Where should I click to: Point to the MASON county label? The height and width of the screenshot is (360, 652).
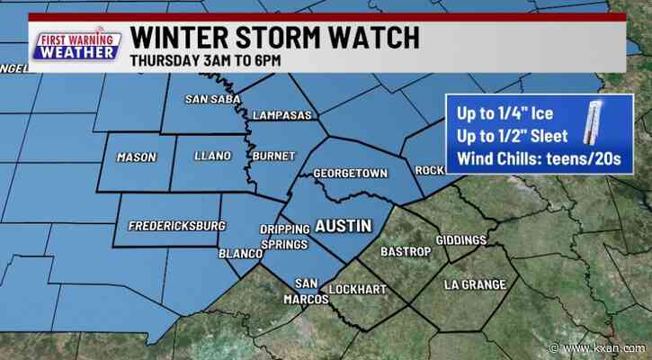coord(137,157)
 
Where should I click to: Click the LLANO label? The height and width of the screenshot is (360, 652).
coord(212,156)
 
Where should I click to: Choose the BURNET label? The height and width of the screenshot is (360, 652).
coord(272,156)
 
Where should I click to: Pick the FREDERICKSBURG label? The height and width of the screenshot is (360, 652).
coord(176,225)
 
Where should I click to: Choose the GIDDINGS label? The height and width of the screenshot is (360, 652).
coord(460,240)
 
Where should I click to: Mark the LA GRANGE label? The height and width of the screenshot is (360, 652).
coord(475,284)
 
